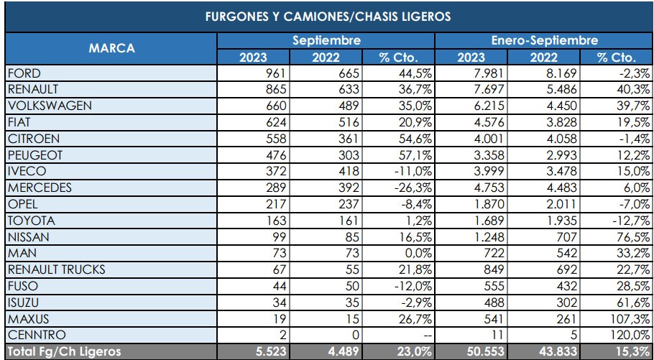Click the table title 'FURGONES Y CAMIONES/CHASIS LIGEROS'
coord(328,17)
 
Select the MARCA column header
coord(111,49)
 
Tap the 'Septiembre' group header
coord(326,41)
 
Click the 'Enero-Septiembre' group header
coord(544,41)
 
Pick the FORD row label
coord(24,73)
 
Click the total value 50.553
coord(483,351)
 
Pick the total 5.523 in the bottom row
coord(270,351)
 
